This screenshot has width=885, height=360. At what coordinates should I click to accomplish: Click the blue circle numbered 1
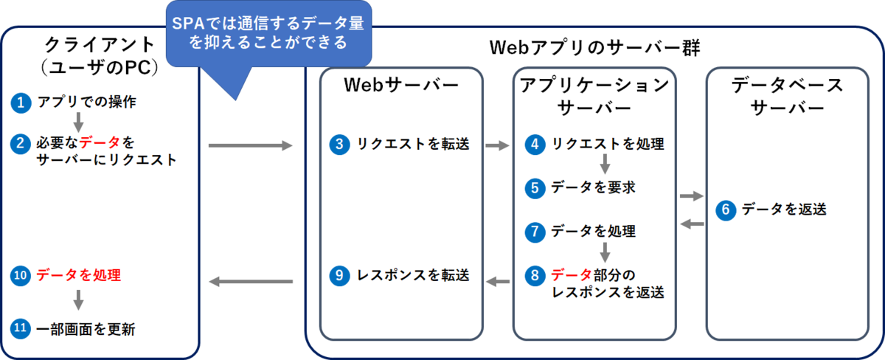(x=21, y=103)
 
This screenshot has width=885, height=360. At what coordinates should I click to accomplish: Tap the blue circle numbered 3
(x=339, y=145)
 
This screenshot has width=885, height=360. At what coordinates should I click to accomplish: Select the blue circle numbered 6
(x=726, y=210)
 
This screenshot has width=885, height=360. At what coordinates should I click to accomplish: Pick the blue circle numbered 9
(x=339, y=275)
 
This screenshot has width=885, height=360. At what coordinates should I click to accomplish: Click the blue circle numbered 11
(x=21, y=329)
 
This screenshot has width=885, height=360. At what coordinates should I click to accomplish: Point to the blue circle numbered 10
(x=21, y=275)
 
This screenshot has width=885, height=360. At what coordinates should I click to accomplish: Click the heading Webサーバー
(x=401, y=85)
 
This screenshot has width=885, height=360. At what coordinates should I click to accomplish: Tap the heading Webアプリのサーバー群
(x=594, y=48)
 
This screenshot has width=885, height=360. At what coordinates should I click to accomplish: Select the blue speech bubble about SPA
(x=268, y=35)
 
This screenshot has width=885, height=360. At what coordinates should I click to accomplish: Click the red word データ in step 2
(x=100, y=142)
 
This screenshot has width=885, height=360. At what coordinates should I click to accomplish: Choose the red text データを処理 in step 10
(x=79, y=275)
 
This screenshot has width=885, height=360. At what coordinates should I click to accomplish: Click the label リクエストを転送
(x=413, y=144)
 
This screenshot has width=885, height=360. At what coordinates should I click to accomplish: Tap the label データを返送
(x=784, y=209)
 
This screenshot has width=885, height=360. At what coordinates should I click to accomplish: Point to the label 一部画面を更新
(x=86, y=329)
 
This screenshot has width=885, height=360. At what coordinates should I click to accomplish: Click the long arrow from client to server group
(x=251, y=146)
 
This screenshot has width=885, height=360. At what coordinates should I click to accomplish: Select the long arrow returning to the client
(x=251, y=282)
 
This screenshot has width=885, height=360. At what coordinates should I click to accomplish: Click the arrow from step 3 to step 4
(x=497, y=146)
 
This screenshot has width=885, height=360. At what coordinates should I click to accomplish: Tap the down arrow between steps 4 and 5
(x=605, y=164)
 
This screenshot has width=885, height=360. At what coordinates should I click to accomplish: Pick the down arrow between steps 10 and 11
(x=78, y=300)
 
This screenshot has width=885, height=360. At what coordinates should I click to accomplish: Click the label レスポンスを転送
(x=413, y=275)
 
